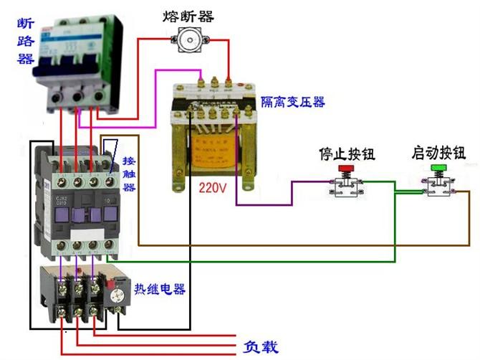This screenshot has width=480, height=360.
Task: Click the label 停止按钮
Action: click(346, 153)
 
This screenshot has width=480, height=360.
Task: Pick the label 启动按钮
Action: click(438, 153)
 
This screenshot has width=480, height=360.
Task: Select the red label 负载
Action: click(259, 348)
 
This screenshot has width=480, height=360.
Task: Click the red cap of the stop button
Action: click(346, 170)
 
